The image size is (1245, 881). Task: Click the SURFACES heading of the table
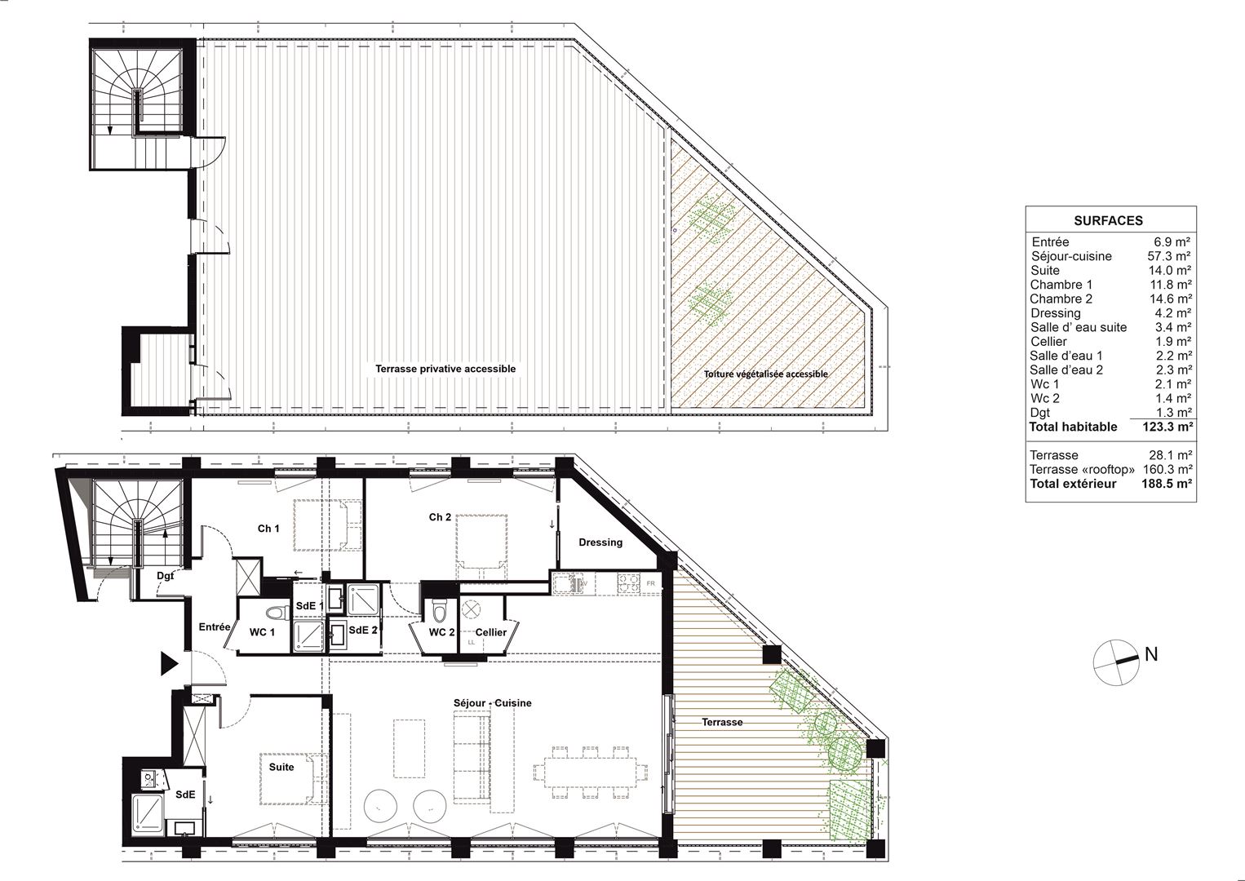coord(1108,221)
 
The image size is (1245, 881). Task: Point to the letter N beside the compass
coord(1151,654)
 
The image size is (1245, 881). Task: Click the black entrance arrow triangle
coord(169,664)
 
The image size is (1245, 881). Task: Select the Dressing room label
coord(600,542)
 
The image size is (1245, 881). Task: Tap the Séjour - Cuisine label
coord(492,703)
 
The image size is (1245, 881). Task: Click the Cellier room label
coord(491,632)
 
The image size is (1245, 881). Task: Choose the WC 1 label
coord(262,632)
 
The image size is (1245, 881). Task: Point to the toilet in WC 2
coord(440,612)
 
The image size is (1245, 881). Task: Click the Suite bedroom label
coord(281,767)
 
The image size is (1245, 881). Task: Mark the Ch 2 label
coord(440,517)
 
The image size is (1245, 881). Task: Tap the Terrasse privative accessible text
coord(445,369)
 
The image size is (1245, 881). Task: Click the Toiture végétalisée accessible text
coord(766,374)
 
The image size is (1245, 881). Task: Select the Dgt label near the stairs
coord(165,576)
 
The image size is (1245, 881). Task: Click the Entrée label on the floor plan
coord(215,627)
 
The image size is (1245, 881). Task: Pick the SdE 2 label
coord(363,631)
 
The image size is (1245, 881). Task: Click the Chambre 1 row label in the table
coord(1061,285)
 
